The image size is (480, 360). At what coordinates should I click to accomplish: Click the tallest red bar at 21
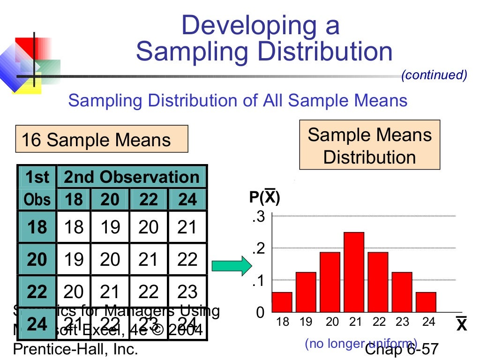pyautogui.click(x=354, y=272)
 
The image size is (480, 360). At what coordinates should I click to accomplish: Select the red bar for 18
pyautogui.click(x=282, y=302)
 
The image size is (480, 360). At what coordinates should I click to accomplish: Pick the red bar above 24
pyautogui.click(x=426, y=302)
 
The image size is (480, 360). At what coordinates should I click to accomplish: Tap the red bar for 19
pyautogui.click(x=306, y=292)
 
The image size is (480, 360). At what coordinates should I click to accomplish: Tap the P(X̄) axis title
pyautogui.click(x=264, y=197)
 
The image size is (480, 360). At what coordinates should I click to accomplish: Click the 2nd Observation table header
pyautogui.click(x=131, y=177)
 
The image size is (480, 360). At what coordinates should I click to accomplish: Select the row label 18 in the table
pyautogui.click(x=37, y=227)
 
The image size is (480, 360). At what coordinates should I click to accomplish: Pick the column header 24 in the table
pyautogui.click(x=187, y=200)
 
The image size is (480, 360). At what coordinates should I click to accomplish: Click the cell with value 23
pyautogui.click(x=187, y=292)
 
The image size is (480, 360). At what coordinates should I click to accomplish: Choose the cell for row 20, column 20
pyautogui.click(x=110, y=259)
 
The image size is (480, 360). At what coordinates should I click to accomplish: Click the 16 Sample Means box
pyautogui.click(x=101, y=139)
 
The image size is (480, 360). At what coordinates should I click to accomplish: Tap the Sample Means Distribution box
pyautogui.click(x=369, y=145)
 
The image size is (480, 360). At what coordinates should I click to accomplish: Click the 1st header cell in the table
pyautogui.click(x=37, y=177)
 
